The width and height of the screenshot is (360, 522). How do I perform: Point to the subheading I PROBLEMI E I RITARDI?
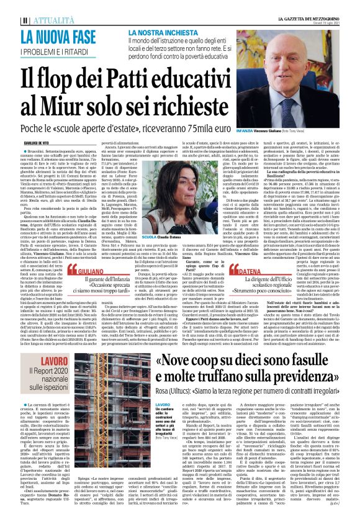tap(60, 49)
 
